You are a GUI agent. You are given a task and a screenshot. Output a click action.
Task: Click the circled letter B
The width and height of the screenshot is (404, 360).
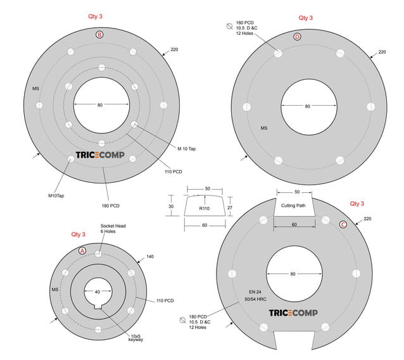(x=99, y=34)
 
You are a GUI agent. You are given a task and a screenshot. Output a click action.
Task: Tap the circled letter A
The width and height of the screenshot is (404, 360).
(x=82, y=251)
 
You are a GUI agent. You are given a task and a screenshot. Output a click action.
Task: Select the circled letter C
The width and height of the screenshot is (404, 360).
(x=343, y=224)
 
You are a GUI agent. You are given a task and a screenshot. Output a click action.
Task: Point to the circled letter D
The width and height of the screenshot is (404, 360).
(x=298, y=36)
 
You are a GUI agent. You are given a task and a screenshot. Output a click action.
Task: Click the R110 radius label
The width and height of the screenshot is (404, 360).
(x=204, y=208)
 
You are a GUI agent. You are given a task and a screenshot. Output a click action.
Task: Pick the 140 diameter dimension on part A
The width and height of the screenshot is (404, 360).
(x=149, y=257)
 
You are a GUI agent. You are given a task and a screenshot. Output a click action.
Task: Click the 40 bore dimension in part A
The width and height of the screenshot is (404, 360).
(x=97, y=292)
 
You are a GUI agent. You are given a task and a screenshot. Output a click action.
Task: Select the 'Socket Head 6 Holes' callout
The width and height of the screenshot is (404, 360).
(x=114, y=229)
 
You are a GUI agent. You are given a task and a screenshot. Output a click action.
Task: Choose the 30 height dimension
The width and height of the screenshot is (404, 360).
(x=170, y=207)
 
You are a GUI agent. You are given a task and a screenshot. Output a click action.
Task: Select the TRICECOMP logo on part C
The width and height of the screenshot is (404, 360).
(x=293, y=313)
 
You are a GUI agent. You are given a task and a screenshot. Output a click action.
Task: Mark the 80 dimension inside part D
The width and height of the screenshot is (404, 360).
(x=307, y=106)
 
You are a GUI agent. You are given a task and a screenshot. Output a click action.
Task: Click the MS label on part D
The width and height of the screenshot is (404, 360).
(x=264, y=128)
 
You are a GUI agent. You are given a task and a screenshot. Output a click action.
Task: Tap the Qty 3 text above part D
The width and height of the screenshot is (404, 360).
(x=305, y=18)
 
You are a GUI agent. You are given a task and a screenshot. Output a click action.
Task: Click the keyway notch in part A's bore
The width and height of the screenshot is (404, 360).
(x=98, y=308)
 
